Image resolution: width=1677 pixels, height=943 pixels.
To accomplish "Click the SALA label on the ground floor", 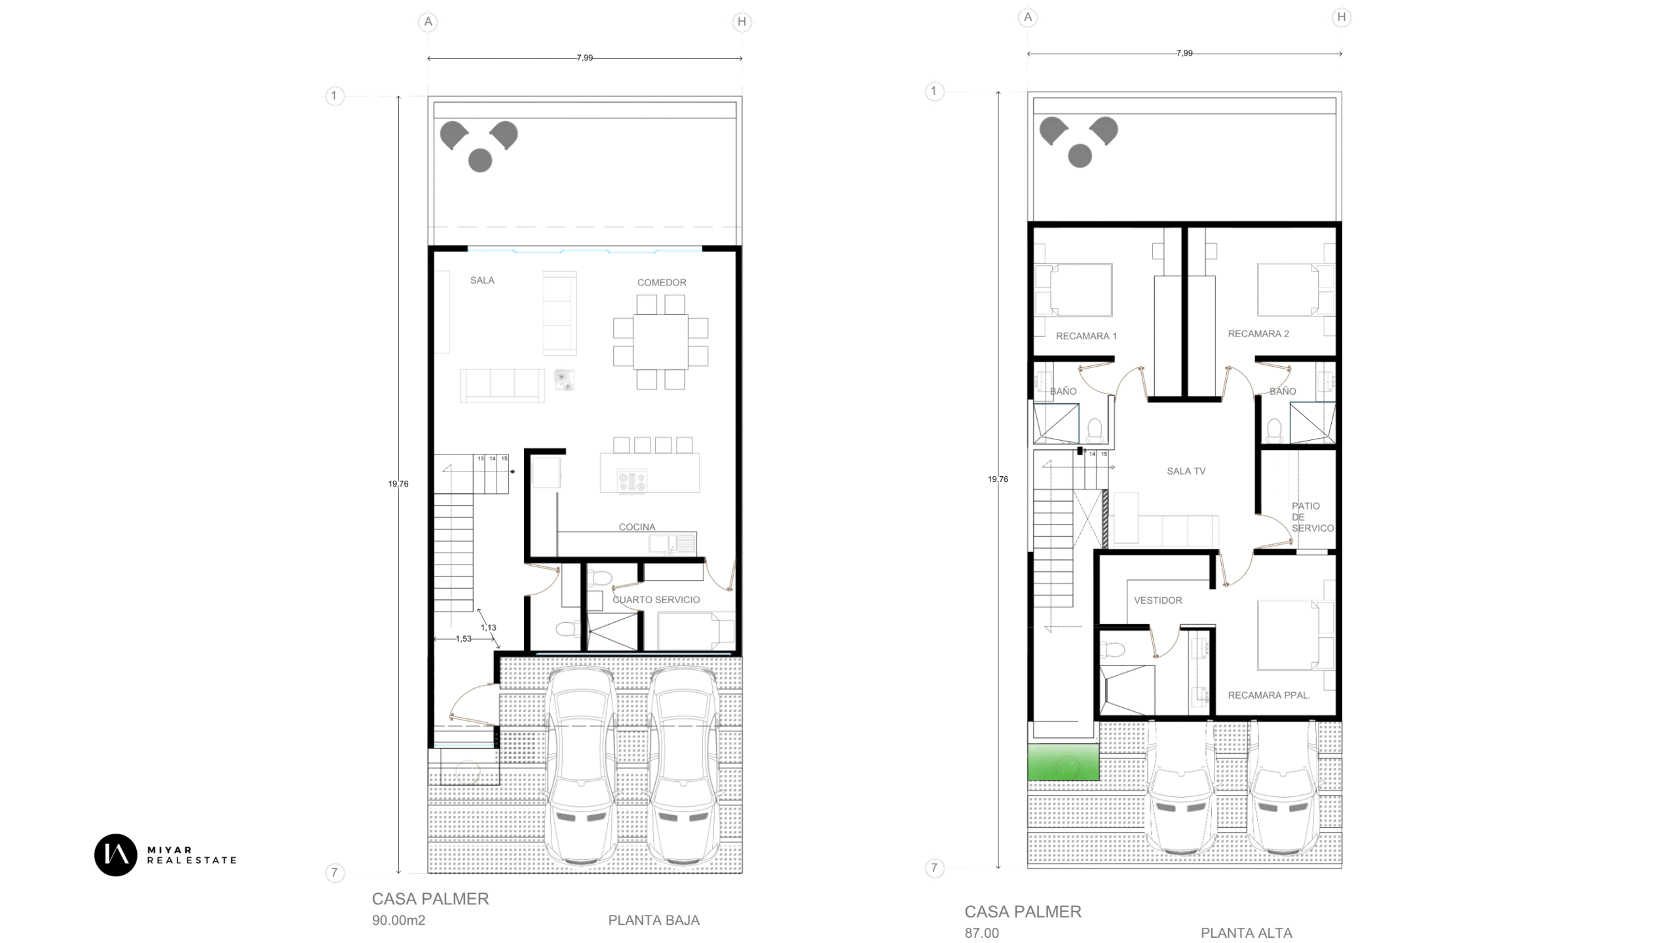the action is (482, 280).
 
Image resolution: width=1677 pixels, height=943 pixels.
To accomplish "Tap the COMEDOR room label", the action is (662, 283).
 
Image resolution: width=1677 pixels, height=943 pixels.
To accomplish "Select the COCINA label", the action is (637, 527).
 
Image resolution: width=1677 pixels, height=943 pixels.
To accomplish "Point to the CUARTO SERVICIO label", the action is (656, 600).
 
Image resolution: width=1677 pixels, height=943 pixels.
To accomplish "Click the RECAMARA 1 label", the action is (1086, 336).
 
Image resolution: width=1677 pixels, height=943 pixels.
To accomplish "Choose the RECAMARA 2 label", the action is (1258, 334).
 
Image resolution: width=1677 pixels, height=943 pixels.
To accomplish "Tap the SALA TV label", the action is (1186, 471).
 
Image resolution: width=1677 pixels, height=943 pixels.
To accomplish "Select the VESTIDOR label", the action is (1158, 601).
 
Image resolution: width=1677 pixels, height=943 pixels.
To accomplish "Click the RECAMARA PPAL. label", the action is (1269, 695).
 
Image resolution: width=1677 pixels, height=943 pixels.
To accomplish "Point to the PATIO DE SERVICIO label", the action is (1312, 517).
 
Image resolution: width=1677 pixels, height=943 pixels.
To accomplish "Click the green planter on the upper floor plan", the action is (1063, 762).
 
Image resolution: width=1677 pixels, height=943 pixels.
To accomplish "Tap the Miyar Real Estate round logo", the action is (116, 855).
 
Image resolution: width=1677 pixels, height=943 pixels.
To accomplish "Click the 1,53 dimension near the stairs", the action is (463, 639).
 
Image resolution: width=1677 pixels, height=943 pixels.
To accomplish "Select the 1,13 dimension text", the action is (488, 627).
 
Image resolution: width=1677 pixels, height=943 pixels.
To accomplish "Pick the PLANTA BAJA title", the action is (654, 921).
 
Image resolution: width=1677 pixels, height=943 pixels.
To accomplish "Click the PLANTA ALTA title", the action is (1246, 933).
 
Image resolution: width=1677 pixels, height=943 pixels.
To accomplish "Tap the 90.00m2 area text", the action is (398, 921).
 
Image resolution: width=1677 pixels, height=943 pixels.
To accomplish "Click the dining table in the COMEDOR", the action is (660, 342).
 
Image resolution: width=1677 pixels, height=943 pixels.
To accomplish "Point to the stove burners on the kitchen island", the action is (631, 481).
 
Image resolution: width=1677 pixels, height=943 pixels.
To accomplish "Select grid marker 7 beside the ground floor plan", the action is (334, 873).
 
